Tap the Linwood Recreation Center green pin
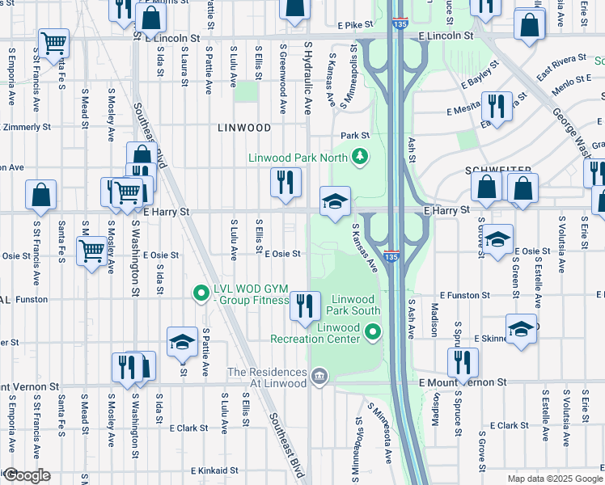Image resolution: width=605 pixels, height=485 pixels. pos(372,331)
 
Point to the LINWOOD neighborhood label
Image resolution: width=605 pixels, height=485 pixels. pos(243,128)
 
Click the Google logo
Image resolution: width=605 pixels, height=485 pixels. pos(26,475)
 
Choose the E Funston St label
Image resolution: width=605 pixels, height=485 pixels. pos(464,297)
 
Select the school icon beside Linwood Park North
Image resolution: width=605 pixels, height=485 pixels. pos(335,201)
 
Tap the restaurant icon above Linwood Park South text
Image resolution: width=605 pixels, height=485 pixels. pos(305,306)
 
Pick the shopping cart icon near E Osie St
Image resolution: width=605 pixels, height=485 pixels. pos(91,251)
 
